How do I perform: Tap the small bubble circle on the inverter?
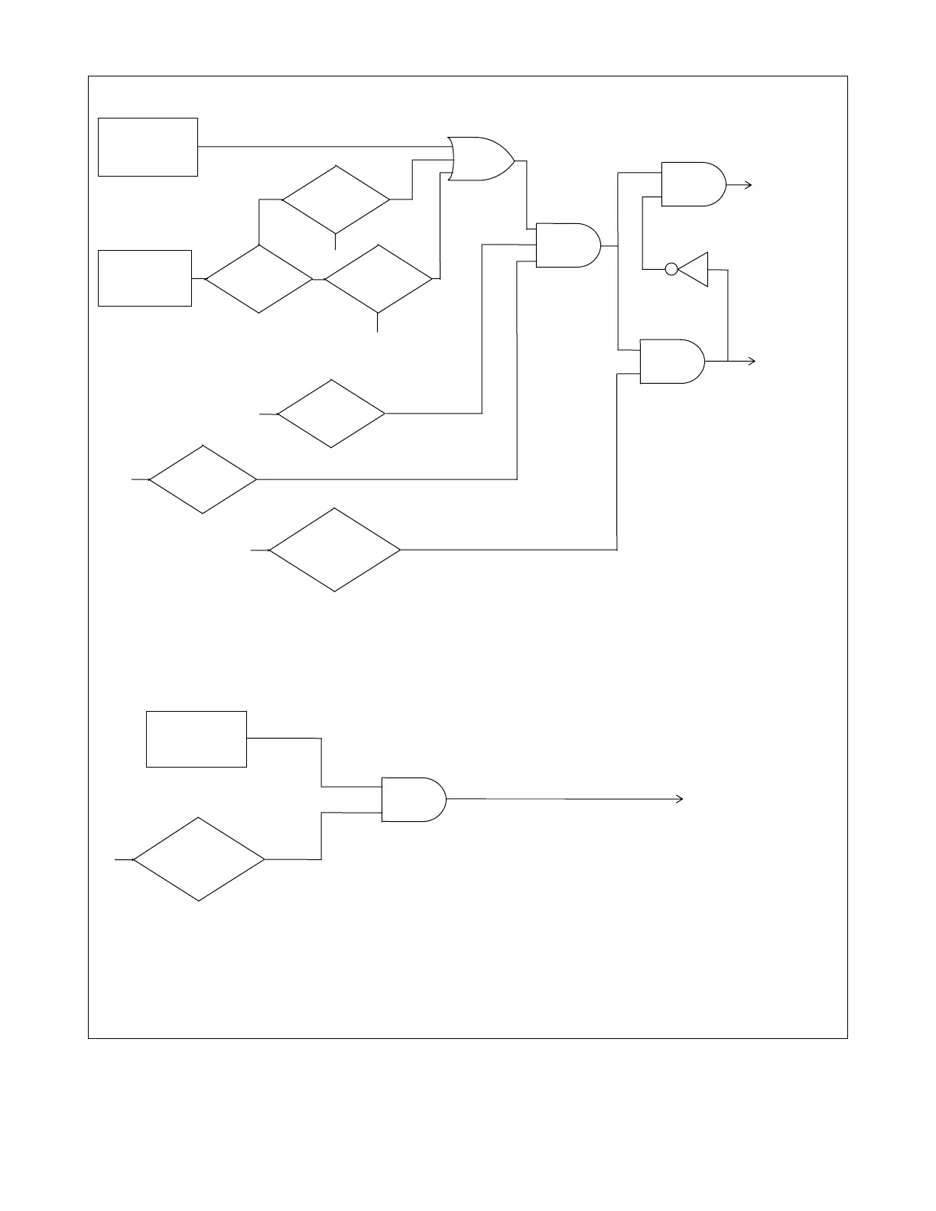pyautogui.click(x=671, y=269)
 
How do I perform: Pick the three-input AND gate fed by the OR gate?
pyautogui.click(x=568, y=245)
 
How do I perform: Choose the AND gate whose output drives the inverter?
pyautogui.click(x=671, y=361)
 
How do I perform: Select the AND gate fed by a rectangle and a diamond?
pyautogui.click(x=413, y=800)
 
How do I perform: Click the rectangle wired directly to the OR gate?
pyautogui.click(x=148, y=147)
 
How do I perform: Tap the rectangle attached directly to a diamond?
pyautogui.click(x=145, y=278)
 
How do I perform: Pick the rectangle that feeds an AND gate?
pyautogui.click(x=197, y=739)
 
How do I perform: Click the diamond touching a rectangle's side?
pyautogui.click(x=259, y=279)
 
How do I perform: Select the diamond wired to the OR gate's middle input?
pyautogui.click(x=336, y=200)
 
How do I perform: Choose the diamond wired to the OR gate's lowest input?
pyautogui.click(x=379, y=279)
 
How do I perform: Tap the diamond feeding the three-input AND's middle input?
pyautogui.click(x=331, y=414)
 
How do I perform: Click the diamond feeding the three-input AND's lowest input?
pyautogui.click(x=203, y=479)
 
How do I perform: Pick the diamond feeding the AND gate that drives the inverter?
pyautogui.click(x=335, y=550)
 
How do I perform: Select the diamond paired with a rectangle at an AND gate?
pyautogui.click(x=199, y=859)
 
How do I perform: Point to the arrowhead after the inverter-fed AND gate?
pyautogui.click(x=749, y=184)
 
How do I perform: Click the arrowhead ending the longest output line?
pyautogui.click(x=679, y=799)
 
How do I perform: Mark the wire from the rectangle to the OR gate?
pyautogui.click(x=321, y=146)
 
